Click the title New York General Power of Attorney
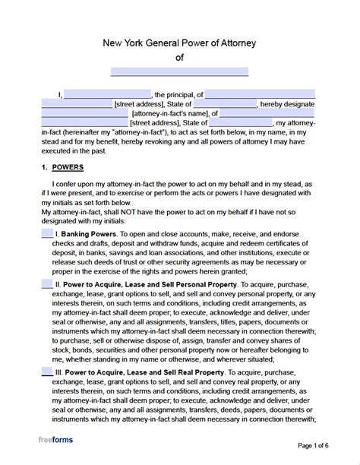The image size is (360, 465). tap(179, 44)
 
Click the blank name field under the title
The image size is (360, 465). tap(179, 72)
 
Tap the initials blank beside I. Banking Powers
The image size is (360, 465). tap(47, 233)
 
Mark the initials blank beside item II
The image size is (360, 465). tap(47, 284)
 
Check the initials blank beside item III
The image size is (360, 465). tap(47, 372)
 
